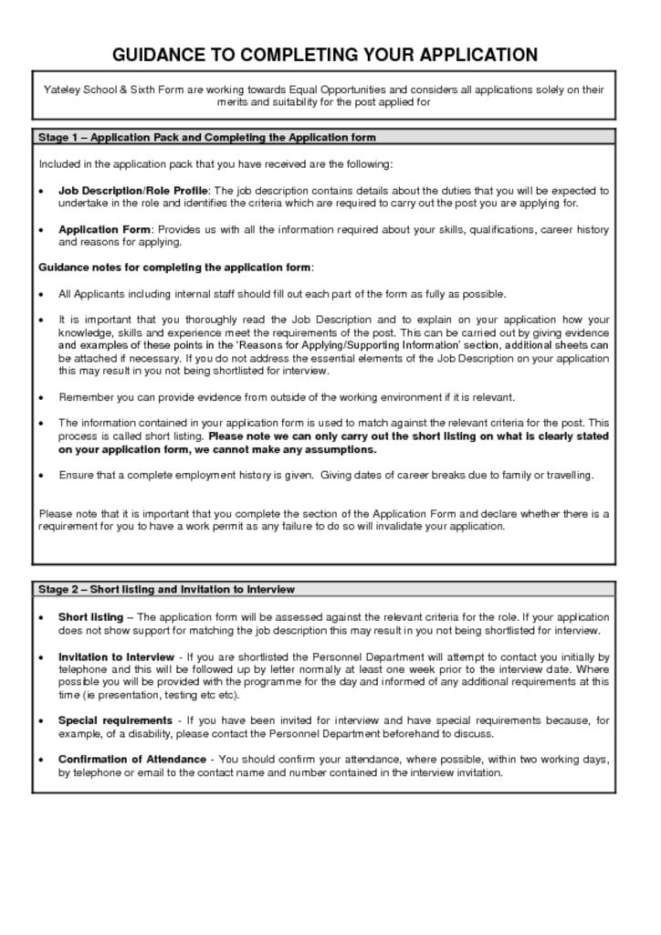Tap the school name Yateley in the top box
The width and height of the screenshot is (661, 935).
click(64, 89)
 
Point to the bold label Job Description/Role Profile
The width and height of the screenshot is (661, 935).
click(133, 191)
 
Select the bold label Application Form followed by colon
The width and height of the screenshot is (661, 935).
click(105, 229)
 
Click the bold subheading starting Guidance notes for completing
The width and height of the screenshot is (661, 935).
click(175, 268)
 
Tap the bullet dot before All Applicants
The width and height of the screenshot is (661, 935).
click(42, 295)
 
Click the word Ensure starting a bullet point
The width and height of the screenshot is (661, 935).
click(75, 475)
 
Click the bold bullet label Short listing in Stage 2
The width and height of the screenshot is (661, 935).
click(90, 617)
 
